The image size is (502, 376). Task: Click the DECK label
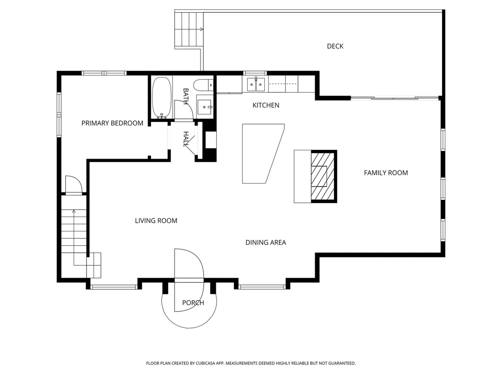point(335,47)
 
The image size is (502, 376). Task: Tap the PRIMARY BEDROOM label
point(112,123)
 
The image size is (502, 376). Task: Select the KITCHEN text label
point(266,105)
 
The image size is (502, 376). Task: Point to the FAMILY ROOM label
point(386,173)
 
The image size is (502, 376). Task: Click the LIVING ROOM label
point(156,221)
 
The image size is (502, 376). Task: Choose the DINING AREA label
point(266,243)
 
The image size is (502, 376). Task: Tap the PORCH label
point(193,303)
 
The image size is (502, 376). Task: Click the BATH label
point(186,96)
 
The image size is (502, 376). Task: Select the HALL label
point(186,139)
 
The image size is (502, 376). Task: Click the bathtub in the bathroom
point(161,98)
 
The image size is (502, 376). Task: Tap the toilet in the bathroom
point(203,85)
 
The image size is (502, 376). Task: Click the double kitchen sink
point(256,84)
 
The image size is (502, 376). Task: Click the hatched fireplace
point(324,176)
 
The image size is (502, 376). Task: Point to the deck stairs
point(189,29)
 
